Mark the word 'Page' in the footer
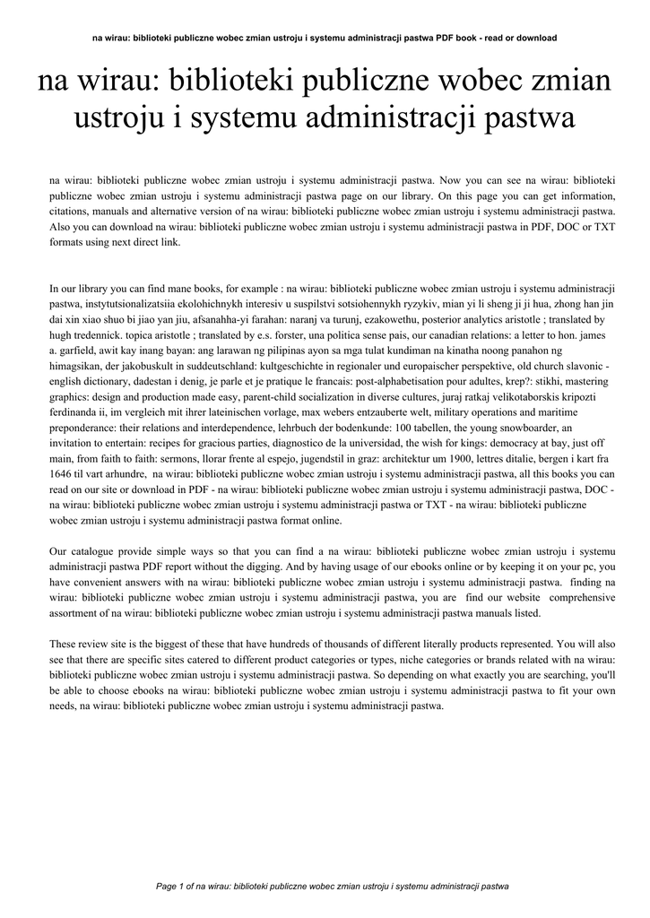[x=167, y=886]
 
